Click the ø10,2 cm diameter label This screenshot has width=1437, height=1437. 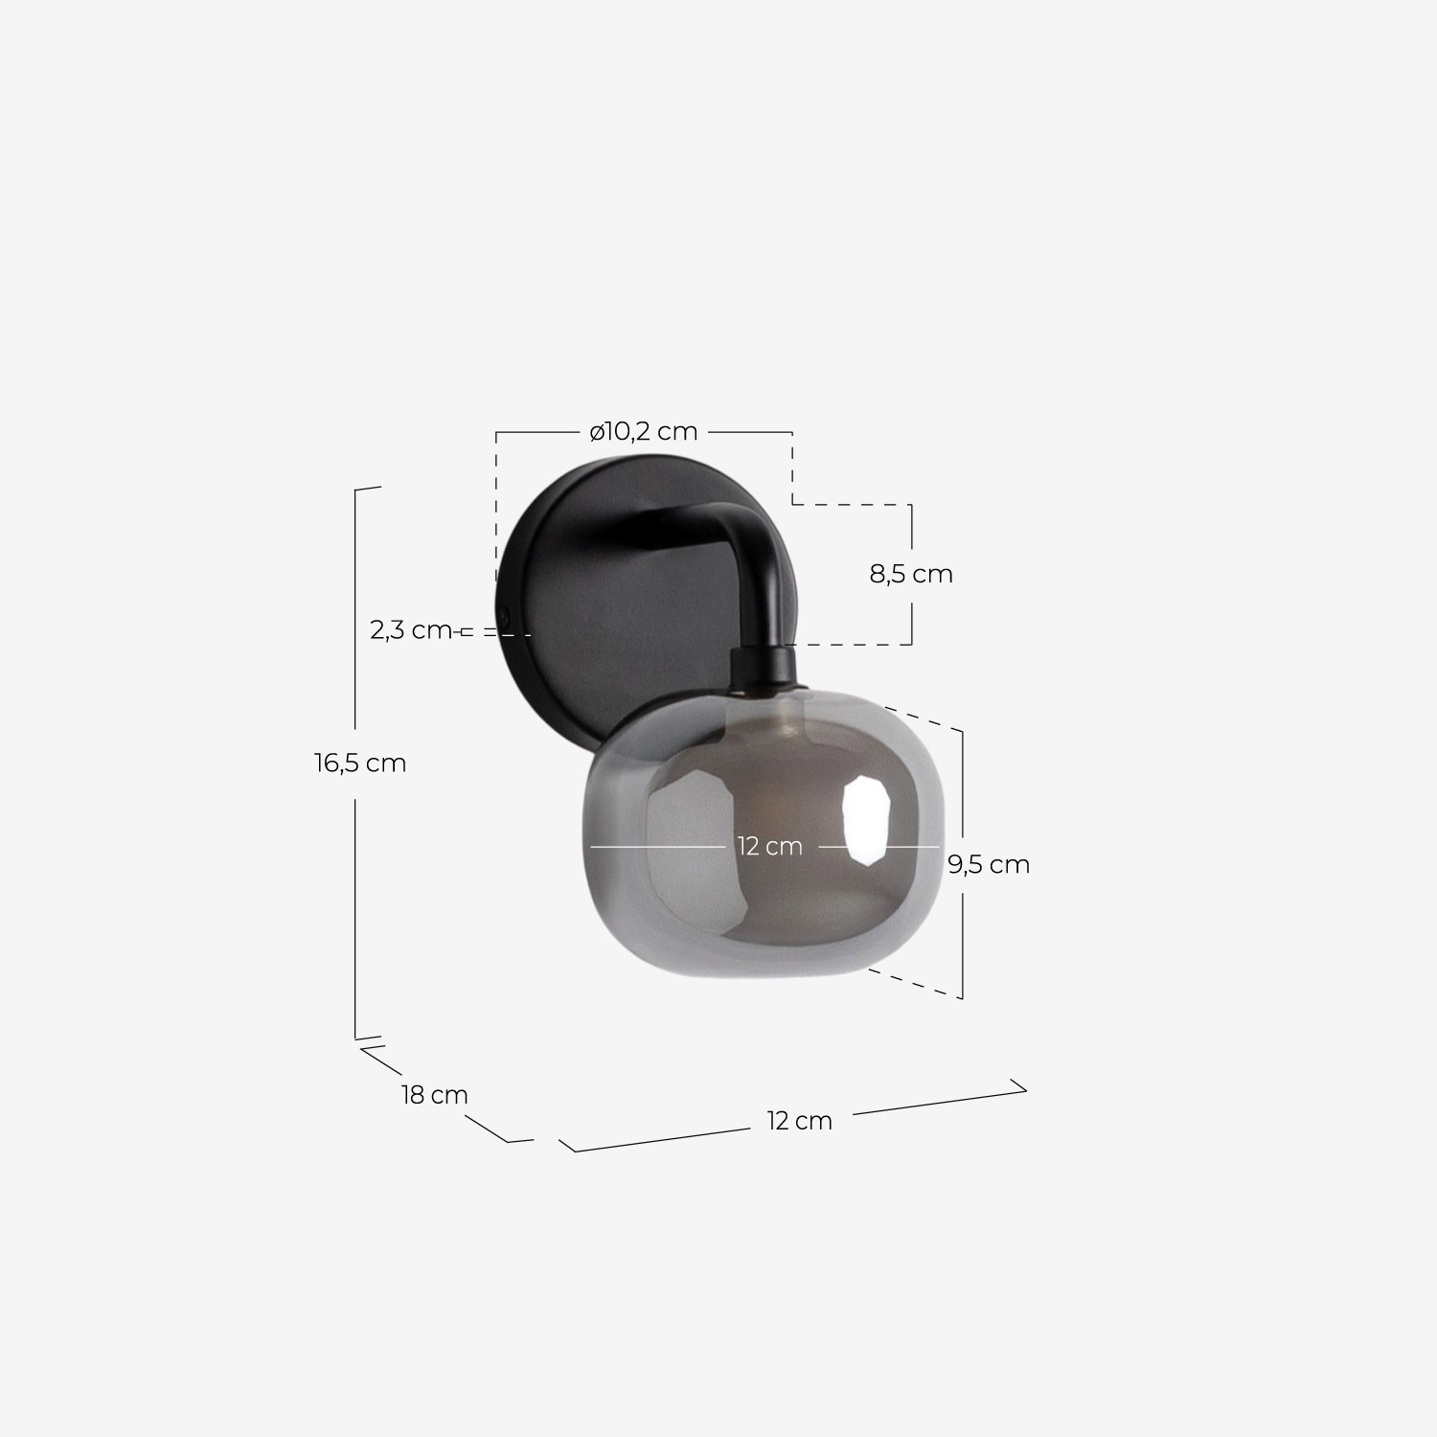coord(643,432)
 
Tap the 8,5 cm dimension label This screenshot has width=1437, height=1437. coord(910,574)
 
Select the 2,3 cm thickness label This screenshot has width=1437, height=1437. coord(410,630)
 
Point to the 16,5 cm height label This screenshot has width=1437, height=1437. coord(360,764)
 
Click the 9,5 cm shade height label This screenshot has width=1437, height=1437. coord(989,864)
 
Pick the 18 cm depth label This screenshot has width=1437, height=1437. coord(434,1094)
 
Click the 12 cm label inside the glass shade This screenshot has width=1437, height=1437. coord(769,847)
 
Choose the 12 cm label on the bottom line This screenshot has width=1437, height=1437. coord(799,1120)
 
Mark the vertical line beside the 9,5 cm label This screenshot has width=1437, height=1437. coord(962,795)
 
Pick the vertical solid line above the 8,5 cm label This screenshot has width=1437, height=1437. coord(910,530)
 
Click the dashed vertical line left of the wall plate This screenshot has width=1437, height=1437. coord(496,508)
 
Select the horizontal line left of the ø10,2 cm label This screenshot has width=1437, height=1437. coord(536,433)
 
